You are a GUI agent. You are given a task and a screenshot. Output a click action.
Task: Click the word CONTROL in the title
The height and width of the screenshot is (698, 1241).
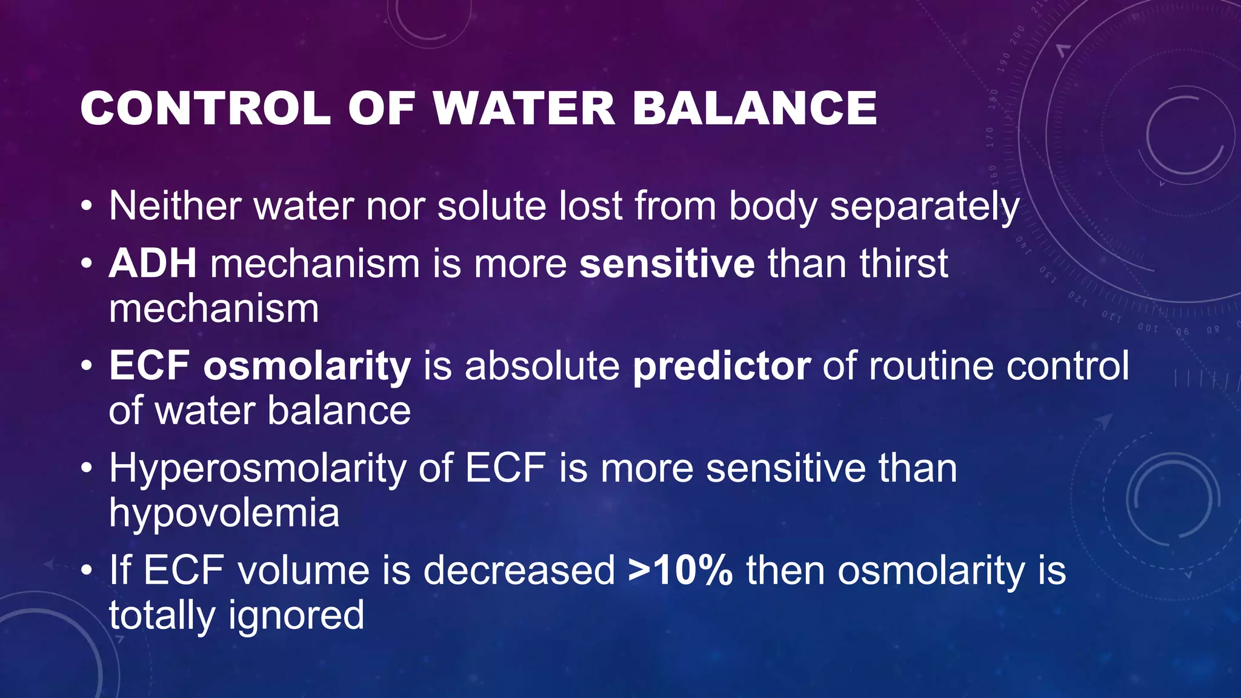tap(205, 109)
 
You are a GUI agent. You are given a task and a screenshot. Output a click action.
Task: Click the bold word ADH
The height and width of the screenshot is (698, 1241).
tap(153, 264)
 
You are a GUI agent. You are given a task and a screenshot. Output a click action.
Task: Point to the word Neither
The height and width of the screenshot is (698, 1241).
tap(175, 206)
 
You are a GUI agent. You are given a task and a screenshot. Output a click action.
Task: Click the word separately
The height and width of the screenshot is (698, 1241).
tap(924, 207)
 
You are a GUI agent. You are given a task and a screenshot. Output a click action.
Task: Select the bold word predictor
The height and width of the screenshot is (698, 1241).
tap(721, 367)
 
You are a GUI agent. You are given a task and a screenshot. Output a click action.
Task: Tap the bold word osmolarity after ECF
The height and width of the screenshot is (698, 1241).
tap(307, 367)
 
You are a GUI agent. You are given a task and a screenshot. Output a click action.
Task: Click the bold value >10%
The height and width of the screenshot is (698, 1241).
tap(680, 571)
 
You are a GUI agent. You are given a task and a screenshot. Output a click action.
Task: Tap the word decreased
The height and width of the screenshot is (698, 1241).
tap(519, 571)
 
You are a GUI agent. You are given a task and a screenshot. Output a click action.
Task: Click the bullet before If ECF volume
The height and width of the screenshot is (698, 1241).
tap(87, 572)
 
